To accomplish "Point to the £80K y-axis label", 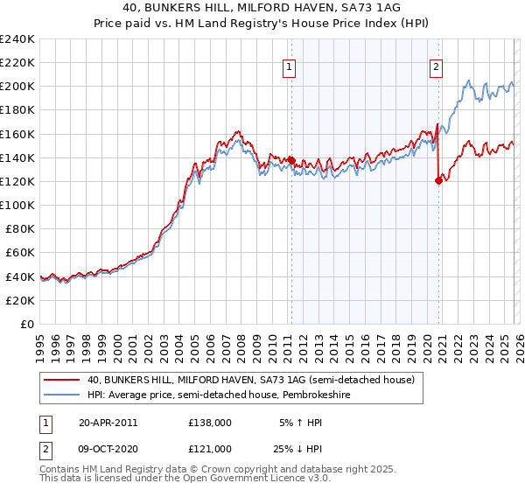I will (20, 228).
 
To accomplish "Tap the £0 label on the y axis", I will (28, 324).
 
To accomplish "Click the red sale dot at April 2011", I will (291, 160).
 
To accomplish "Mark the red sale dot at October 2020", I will (438, 180).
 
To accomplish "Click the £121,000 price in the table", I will (209, 451).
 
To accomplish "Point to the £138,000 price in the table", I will (209, 422).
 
